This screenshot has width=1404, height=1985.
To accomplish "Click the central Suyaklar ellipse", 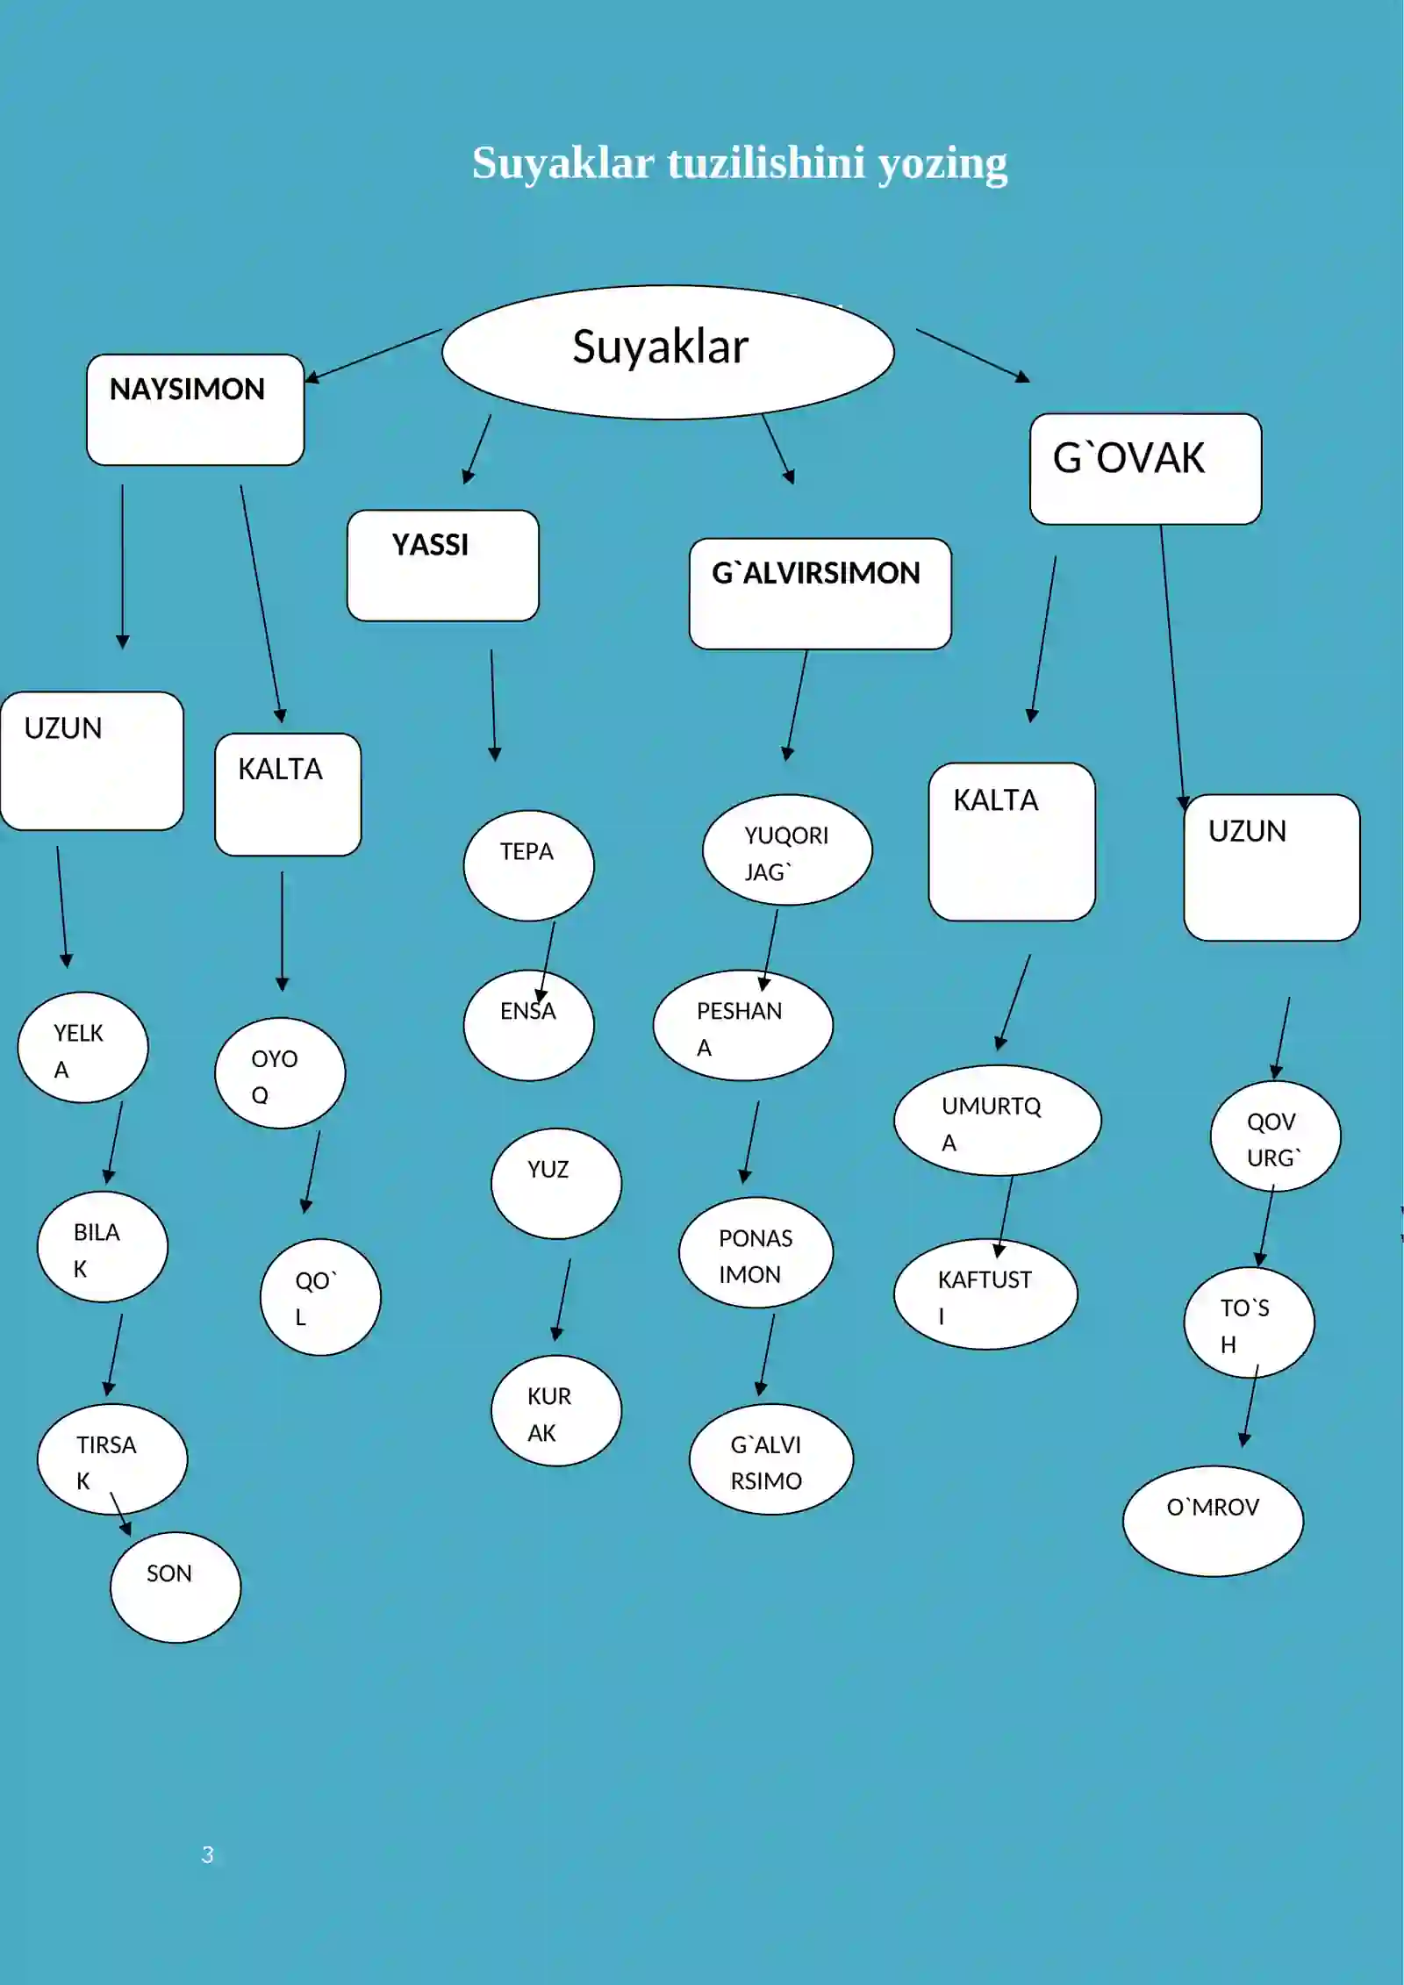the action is (668, 352).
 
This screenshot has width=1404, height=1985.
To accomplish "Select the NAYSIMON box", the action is (195, 410).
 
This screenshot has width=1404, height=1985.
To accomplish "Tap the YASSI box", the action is (442, 566).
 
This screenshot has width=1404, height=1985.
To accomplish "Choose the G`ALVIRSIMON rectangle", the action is (820, 594).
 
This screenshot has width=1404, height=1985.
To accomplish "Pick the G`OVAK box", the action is (1145, 469).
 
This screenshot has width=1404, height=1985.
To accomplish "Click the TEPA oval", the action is (528, 865).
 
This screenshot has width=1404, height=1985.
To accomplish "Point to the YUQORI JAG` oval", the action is (787, 849).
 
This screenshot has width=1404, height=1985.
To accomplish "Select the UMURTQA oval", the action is (997, 1121).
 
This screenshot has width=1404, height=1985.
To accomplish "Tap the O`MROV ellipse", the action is (1213, 1521).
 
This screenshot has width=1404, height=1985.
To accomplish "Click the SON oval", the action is (175, 1587).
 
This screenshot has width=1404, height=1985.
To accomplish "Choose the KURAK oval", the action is (556, 1411).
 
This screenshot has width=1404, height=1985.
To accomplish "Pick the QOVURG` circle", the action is (1275, 1136).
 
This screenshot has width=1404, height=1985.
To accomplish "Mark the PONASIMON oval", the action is (756, 1252).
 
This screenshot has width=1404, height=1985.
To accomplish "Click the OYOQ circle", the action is (280, 1073).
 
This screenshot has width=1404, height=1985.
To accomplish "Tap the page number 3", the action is (207, 1854).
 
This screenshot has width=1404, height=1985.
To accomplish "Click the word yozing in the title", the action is (942, 164).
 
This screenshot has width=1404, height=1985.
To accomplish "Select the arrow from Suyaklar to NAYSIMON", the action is (373, 355).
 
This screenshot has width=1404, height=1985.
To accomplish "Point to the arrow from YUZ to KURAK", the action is (562, 1300).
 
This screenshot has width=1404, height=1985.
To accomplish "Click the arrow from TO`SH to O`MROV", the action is (1250, 1406).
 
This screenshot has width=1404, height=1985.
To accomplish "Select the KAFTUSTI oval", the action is (985, 1294).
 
